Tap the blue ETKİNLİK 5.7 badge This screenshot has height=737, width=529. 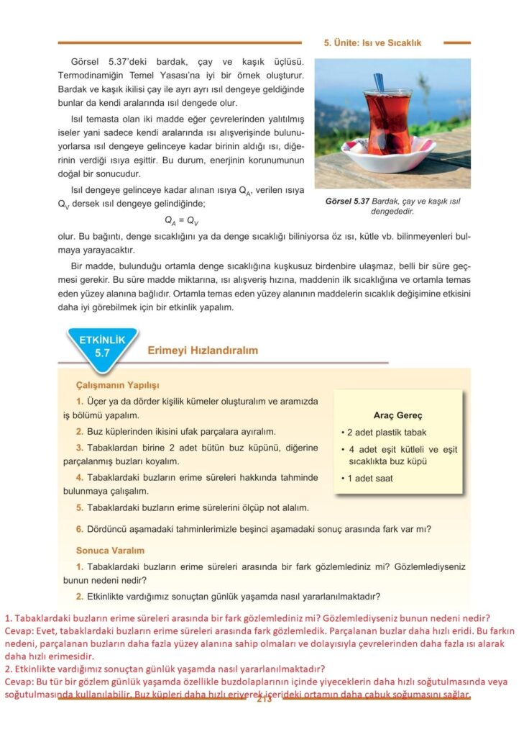click(x=101, y=346)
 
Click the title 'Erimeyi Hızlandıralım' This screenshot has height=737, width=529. click(x=202, y=351)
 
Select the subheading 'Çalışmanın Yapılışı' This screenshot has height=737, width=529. click(x=117, y=385)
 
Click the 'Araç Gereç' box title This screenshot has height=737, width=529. click(x=397, y=415)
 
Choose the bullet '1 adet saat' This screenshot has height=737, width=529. click(x=370, y=478)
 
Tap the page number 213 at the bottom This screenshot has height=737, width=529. click(x=264, y=700)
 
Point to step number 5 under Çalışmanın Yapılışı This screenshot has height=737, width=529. click(x=80, y=507)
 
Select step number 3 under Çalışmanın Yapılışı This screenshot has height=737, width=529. click(x=80, y=448)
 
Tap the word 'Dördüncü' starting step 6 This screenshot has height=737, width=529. click(x=108, y=529)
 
